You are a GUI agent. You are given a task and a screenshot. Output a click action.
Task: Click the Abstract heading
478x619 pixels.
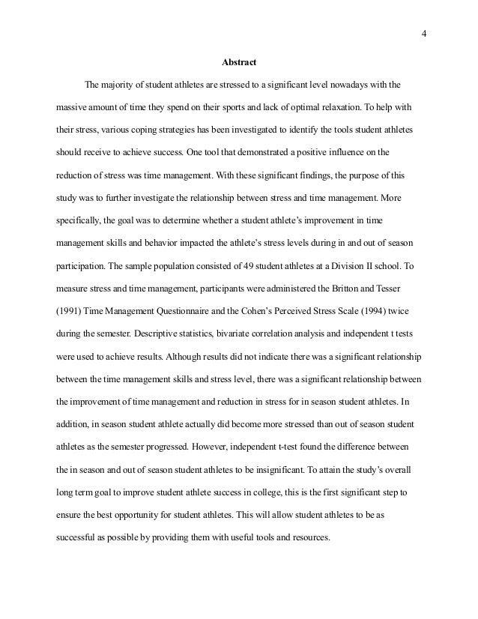click(x=238, y=61)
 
